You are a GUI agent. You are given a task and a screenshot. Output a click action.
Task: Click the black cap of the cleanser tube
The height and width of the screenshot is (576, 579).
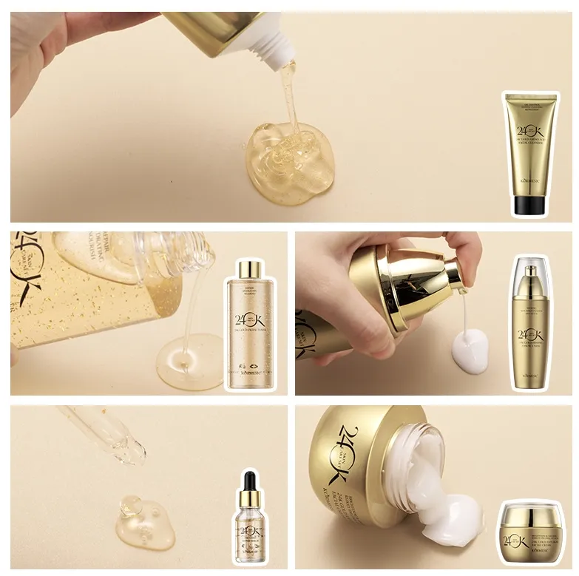(x=529, y=205)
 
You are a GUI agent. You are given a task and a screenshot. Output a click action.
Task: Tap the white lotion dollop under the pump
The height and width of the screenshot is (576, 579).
(x=470, y=351)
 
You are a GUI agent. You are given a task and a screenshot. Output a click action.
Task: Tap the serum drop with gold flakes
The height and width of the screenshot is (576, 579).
(x=144, y=518)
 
